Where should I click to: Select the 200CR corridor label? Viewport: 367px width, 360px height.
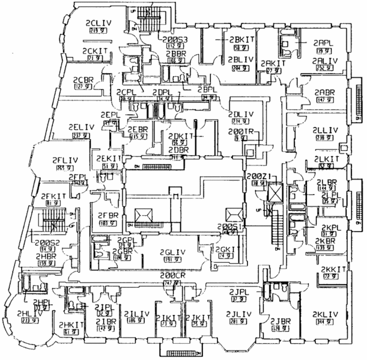click(174, 276)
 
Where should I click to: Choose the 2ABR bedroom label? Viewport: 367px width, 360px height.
click(324, 92)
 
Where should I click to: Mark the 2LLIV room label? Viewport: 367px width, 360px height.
click(325, 130)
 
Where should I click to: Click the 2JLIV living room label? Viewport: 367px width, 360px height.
click(239, 314)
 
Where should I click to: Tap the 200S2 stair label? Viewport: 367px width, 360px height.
click(48, 243)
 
